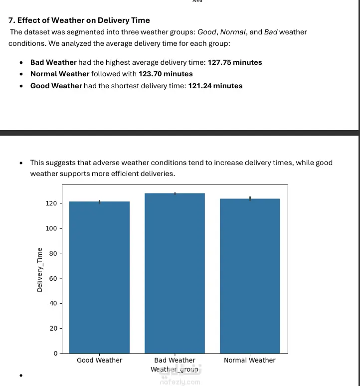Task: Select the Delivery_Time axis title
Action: coord(39,270)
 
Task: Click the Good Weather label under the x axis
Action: coord(99,360)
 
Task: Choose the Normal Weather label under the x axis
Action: coord(249,360)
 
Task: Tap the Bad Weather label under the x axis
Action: coord(175,360)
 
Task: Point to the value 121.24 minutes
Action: coord(215,86)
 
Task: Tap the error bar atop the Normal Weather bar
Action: coord(250,198)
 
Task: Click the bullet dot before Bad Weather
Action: coord(20,63)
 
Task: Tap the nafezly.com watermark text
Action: coord(180,382)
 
